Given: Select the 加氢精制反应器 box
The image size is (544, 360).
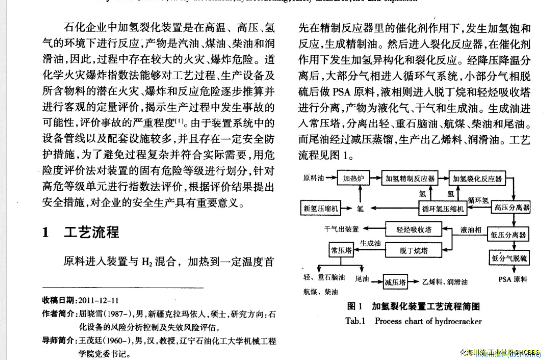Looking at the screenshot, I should [x=409, y=178].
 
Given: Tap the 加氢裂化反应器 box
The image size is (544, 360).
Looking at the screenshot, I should [x=476, y=178].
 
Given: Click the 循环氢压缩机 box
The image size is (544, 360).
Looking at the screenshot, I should [x=442, y=209].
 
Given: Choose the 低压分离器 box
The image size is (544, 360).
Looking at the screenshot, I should [x=508, y=234].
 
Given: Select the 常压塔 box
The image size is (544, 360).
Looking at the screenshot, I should [x=341, y=250].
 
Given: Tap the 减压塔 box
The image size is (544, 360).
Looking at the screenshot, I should [x=395, y=282].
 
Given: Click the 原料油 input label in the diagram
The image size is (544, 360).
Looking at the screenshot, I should [x=314, y=178].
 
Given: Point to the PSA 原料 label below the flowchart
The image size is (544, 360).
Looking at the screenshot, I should [x=513, y=279].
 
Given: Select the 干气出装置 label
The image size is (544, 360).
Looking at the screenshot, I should [x=341, y=229].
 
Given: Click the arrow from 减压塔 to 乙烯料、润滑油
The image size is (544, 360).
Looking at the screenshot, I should [x=414, y=282].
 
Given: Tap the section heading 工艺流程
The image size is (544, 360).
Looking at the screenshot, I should [x=92, y=232].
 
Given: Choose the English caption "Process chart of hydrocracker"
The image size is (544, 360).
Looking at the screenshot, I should [x=428, y=321].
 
